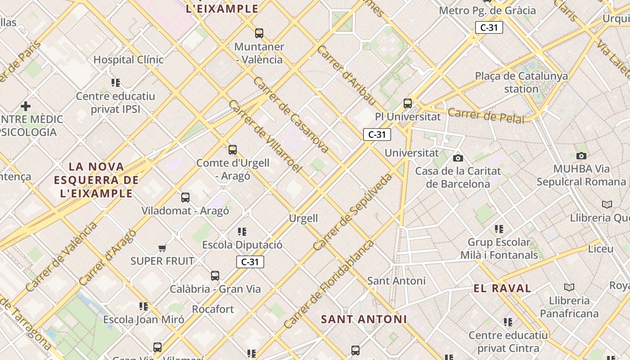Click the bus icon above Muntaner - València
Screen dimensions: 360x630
click(x=259, y=33)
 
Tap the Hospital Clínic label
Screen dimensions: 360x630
click(x=128, y=59)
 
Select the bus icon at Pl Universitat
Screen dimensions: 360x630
click(x=408, y=103)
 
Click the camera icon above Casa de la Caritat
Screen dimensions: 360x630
click(x=458, y=158)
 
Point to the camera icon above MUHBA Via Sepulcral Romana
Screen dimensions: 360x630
click(x=581, y=156)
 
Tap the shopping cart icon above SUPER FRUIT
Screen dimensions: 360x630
click(x=162, y=248)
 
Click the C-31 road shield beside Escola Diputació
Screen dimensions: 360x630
click(x=250, y=262)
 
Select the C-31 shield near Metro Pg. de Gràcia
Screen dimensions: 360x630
click(x=489, y=27)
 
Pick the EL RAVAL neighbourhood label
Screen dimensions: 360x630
click(x=502, y=288)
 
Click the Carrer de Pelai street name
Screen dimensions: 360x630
click(x=486, y=116)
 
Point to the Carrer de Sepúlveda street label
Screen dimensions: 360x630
click(x=353, y=212)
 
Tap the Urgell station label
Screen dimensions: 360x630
click(x=303, y=219)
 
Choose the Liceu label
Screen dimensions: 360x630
click(x=600, y=249)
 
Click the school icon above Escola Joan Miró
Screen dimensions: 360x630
click(x=144, y=306)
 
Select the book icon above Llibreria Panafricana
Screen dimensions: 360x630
click(x=569, y=287)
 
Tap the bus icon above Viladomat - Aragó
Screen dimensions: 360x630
click(x=185, y=197)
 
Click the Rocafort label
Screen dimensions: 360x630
click(x=213, y=310)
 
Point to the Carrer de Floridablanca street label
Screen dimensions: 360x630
click(x=328, y=284)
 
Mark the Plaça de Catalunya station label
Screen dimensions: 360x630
click(x=522, y=82)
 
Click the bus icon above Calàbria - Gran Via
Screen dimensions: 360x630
click(x=215, y=275)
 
